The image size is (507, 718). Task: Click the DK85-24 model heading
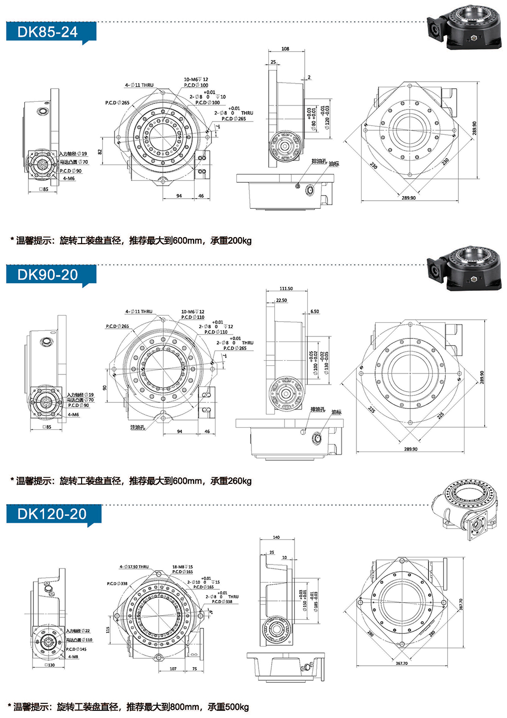pos(47,32)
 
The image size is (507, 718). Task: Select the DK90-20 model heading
pos(47,275)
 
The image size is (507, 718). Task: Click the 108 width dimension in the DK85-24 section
pos(285,49)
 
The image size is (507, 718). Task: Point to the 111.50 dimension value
pos(286,288)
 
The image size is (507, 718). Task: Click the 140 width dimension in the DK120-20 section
pos(276,537)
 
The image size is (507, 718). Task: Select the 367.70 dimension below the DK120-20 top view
pos(402,663)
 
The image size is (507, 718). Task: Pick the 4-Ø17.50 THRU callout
pos(134,567)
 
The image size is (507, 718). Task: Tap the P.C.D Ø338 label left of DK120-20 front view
pos(117,584)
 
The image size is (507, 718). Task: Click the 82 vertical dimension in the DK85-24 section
pos(100,151)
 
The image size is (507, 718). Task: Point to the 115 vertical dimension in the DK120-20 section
pos(107,630)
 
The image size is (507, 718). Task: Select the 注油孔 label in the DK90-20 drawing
pos(137,428)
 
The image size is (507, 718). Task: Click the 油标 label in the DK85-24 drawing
pos(334,164)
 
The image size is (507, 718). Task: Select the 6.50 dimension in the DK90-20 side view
pos(314,312)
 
